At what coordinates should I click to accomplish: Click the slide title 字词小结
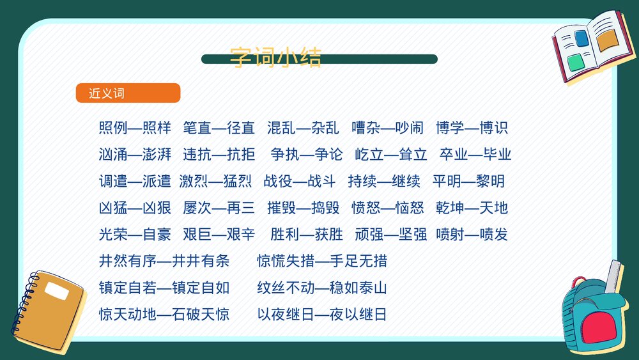(x=275, y=58)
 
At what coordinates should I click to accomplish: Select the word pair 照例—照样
(x=135, y=128)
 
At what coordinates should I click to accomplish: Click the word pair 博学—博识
(x=472, y=128)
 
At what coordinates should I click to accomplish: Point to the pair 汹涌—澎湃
(x=135, y=155)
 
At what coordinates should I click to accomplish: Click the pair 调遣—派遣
(x=135, y=182)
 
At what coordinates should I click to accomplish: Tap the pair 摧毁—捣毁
(x=303, y=208)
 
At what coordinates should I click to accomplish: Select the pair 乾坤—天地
(x=472, y=208)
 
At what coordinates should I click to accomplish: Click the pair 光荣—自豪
(x=135, y=235)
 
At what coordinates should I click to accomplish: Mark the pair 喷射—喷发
(x=472, y=235)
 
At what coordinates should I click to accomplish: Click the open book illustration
(x=590, y=46)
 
